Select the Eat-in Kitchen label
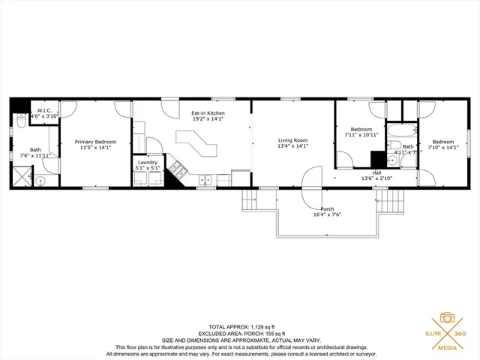(x=208, y=113)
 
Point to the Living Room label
(x=293, y=140)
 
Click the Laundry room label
(x=147, y=162)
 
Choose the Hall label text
(x=377, y=172)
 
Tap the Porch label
(x=327, y=208)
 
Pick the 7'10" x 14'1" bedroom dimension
(x=442, y=148)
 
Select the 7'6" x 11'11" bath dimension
(x=35, y=155)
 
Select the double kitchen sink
(x=204, y=180)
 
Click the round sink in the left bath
(x=40, y=181)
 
